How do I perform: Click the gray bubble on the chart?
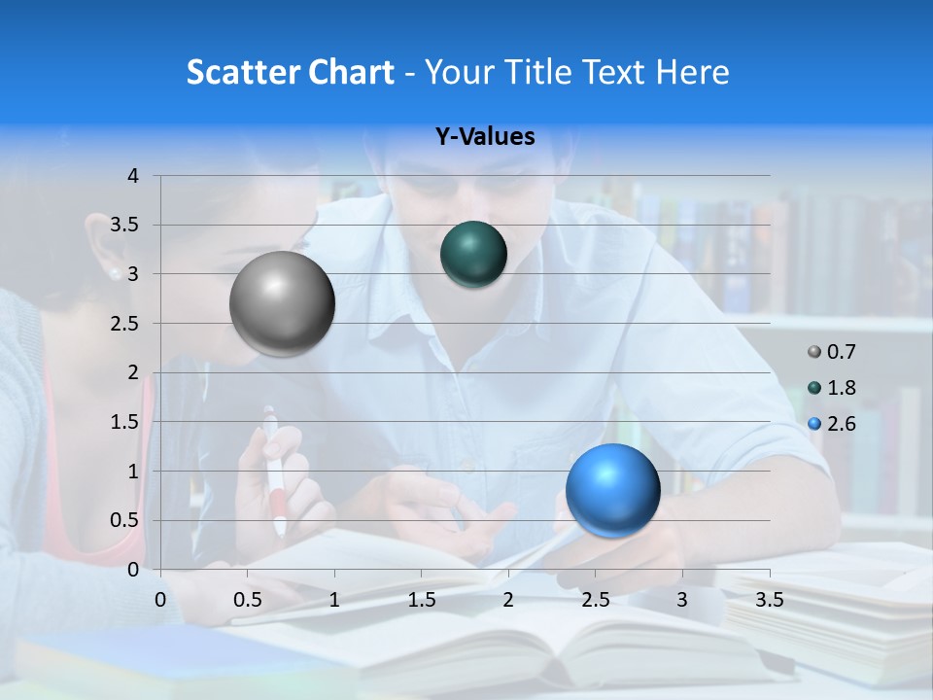(282, 304)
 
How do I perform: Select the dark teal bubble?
(473, 255)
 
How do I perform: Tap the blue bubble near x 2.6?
(612, 490)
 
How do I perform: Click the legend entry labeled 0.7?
(832, 352)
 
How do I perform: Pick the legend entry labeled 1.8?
(832, 388)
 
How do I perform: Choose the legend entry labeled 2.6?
(832, 424)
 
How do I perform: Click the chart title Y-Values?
(485, 137)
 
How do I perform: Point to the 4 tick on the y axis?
(133, 176)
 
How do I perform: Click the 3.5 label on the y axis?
(125, 225)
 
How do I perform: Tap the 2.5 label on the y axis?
(125, 323)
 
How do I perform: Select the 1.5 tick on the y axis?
(125, 422)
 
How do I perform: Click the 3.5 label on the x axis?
(769, 600)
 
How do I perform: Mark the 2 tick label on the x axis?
(507, 600)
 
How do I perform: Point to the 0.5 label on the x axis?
(248, 600)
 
